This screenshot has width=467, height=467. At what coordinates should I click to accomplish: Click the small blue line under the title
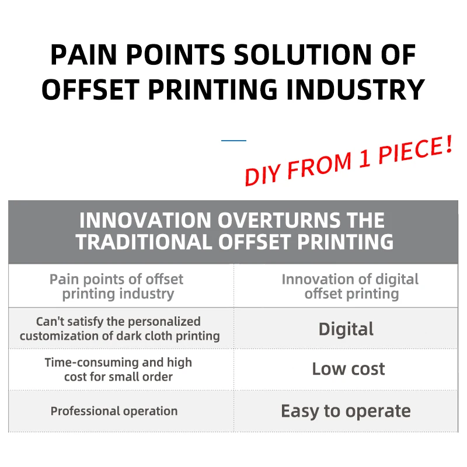point(233,140)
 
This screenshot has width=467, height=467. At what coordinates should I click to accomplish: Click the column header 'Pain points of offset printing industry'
point(117,286)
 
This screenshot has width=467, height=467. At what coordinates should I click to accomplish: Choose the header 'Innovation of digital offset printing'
point(350,286)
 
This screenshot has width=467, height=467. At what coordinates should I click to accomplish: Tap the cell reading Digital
point(346,329)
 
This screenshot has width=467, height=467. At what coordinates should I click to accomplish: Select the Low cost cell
point(348,369)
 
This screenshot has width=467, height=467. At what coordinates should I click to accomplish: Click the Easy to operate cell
point(346,411)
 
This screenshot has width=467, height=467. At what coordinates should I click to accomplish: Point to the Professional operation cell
point(114,411)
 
